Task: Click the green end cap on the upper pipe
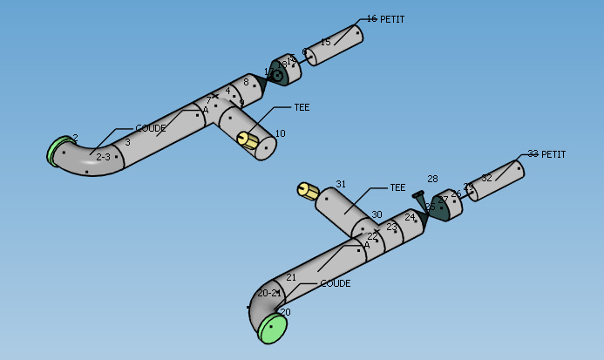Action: point(58,150)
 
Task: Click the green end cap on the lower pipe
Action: point(273,328)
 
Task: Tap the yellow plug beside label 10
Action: point(248,140)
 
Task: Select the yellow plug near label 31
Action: point(307,191)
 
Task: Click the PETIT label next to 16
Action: point(392,19)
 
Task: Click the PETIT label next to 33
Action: point(553,155)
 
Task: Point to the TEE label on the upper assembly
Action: point(302,108)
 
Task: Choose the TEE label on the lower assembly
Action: point(397,187)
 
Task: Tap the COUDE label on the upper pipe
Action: point(151,128)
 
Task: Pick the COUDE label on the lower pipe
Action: point(335,284)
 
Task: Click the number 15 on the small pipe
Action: point(325,42)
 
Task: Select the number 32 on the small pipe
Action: point(486,178)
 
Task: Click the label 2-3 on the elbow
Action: point(103,157)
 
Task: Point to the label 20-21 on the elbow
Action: point(268,293)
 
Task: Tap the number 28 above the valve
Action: point(432,179)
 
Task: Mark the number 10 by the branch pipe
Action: point(280,133)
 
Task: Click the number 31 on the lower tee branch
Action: point(341,184)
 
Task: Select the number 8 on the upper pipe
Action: point(246,82)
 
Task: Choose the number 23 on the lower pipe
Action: point(391,227)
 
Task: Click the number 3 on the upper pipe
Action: point(127,142)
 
